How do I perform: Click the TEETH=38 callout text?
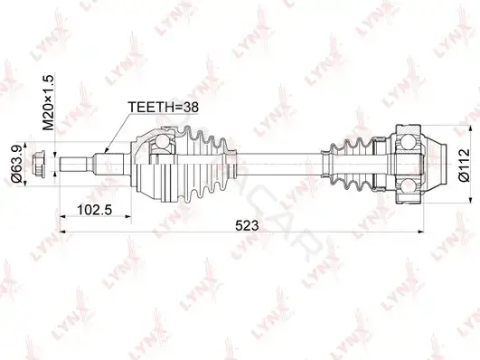164,107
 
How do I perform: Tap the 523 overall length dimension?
247,226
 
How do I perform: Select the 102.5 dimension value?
95,210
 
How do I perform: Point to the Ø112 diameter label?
465,165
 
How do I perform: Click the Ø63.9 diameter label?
17,164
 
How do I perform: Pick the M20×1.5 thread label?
48,102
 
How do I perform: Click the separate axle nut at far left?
39,165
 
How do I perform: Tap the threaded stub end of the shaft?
73,165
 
